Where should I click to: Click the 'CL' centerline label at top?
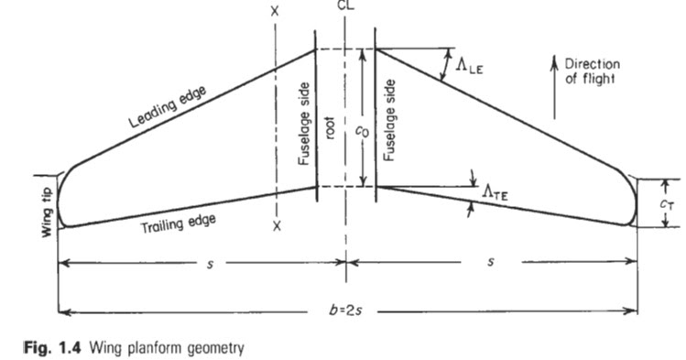(x=344, y=5)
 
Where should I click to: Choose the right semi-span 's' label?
(x=492, y=264)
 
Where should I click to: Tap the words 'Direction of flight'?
(x=592, y=71)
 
